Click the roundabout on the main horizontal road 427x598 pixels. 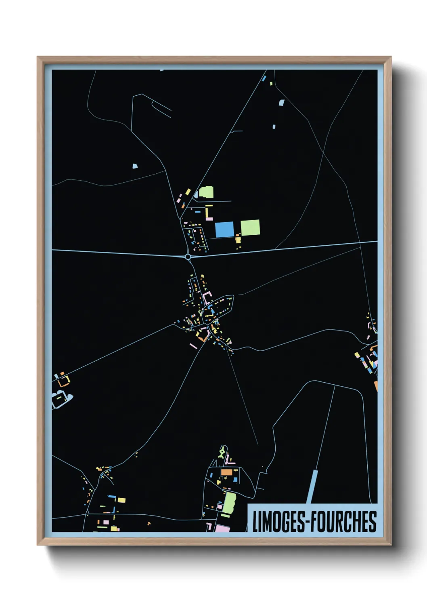[188, 257]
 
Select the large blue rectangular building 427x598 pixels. [224, 230]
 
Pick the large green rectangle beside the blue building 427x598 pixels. [250, 227]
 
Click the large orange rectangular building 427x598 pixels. [226, 472]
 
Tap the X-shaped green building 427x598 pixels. [222, 453]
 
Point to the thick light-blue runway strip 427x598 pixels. [312, 487]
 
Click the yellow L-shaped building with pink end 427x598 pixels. [208, 213]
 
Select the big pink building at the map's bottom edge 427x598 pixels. [222, 528]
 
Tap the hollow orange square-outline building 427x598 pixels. [63, 381]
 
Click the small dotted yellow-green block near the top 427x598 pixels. [271, 84]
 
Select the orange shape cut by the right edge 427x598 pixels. [376, 386]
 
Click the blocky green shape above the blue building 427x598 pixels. [206, 192]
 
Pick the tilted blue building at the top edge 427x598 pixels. [264, 78]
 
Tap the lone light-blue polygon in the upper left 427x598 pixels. [135, 166]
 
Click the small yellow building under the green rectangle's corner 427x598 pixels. [238, 240]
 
